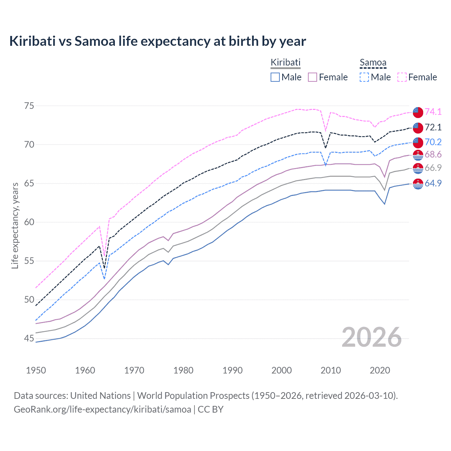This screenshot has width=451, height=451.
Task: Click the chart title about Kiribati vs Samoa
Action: (x=157, y=41)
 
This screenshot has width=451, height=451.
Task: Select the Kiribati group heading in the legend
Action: (x=285, y=62)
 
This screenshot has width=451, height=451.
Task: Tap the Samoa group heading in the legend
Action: (x=373, y=63)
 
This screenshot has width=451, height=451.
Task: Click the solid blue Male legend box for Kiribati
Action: (x=275, y=77)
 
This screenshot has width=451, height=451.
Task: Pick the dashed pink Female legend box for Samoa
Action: (x=402, y=77)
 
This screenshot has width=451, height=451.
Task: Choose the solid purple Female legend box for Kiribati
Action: (x=313, y=77)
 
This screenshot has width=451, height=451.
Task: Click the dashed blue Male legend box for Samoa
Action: (x=364, y=77)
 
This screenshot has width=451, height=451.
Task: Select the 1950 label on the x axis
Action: (x=36, y=370)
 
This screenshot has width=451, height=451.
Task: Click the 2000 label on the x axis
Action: (x=282, y=370)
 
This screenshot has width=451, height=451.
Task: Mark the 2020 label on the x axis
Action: (x=380, y=370)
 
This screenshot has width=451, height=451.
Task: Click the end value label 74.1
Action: (x=433, y=112)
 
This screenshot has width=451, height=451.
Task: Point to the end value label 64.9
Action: (x=433, y=183)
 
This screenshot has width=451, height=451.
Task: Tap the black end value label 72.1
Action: (x=433, y=127)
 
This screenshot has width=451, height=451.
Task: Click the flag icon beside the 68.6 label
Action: (x=418, y=155)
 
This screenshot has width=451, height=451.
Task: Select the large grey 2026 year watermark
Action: (x=372, y=337)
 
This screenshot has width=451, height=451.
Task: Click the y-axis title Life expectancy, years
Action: (x=15, y=225)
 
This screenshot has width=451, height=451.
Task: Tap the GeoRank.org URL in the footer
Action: (x=102, y=409)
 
